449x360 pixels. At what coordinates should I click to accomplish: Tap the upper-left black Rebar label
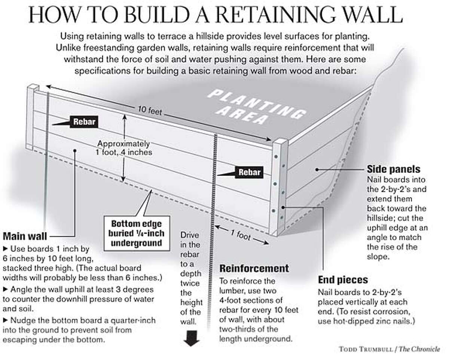coord(84,121)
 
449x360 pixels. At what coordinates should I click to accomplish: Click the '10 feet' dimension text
coord(150,111)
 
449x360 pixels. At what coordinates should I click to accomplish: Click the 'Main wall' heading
coord(25,237)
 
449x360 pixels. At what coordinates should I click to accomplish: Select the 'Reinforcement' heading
coord(254,268)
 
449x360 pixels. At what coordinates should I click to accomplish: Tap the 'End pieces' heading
coord(343,280)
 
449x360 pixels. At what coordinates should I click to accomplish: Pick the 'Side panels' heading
coord(394,169)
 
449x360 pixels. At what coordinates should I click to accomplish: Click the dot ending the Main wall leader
coord(75,151)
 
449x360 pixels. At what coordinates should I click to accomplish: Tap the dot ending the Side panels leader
coord(317,170)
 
